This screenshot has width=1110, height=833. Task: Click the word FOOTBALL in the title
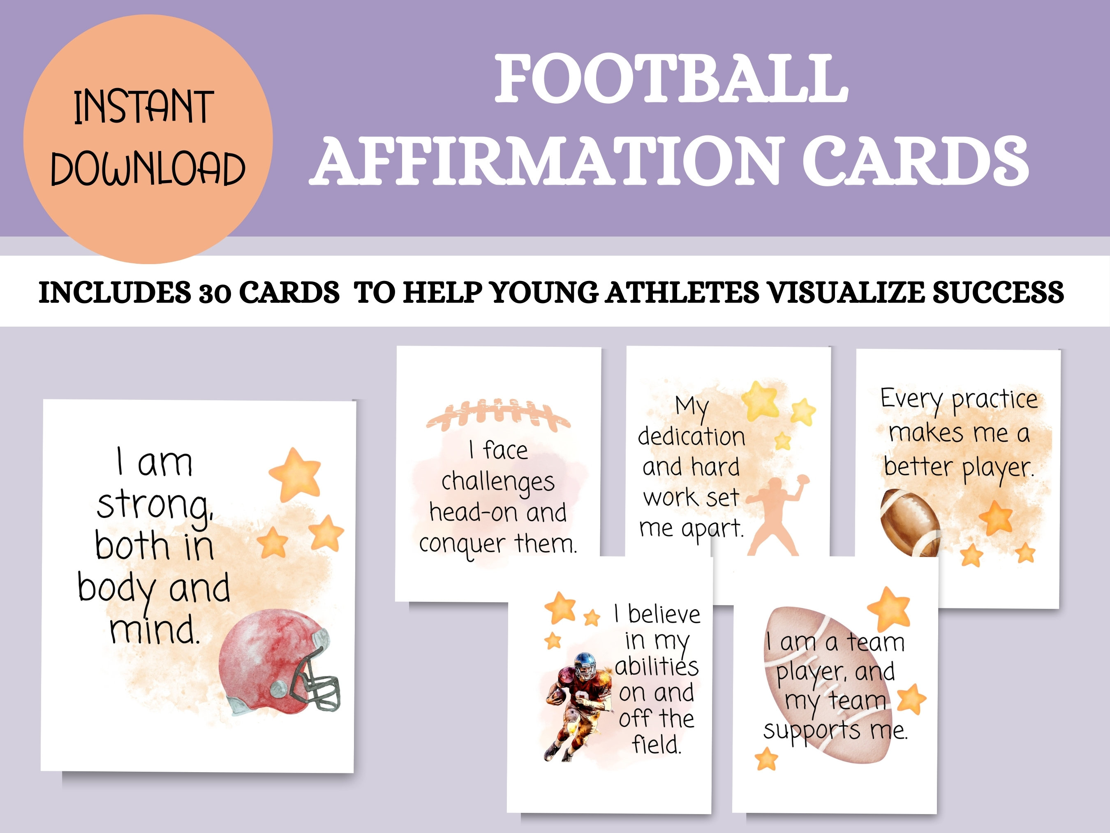[x=671, y=79]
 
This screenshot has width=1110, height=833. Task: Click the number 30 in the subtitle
[x=215, y=293]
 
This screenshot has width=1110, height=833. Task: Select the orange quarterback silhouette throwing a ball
[x=775, y=517]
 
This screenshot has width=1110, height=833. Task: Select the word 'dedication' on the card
[x=691, y=436]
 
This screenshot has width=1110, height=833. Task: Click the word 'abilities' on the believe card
[x=657, y=667]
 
